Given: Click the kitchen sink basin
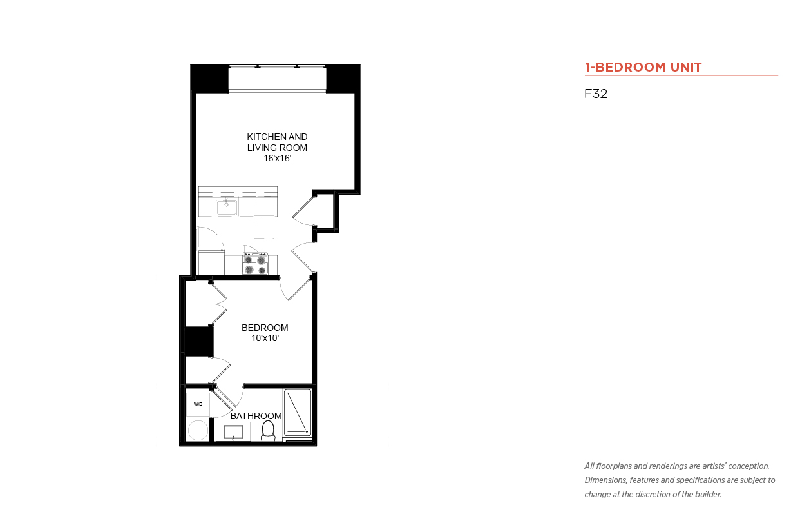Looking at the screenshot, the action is (x=226, y=207).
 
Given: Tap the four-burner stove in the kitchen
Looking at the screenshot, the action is (x=255, y=264).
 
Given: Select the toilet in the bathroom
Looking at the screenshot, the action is (x=268, y=431).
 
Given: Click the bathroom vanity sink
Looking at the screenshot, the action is (x=233, y=432).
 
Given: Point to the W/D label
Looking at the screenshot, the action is (x=198, y=404).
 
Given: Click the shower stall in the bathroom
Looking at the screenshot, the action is (x=298, y=412).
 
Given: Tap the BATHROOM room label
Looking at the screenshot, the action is (x=256, y=416).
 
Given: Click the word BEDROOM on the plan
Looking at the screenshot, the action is (x=265, y=328).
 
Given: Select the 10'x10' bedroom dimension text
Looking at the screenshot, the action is (x=265, y=339).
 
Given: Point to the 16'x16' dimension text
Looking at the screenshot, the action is (x=278, y=159).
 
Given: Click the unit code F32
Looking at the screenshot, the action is (x=596, y=94).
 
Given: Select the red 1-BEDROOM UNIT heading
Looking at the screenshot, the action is (x=643, y=67).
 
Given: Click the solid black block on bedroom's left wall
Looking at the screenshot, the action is (x=199, y=342).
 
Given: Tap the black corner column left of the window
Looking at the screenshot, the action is (x=210, y=79).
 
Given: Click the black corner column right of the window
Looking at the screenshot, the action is (x=343, y=79).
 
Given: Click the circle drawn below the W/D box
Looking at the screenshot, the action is (x=198, y=430).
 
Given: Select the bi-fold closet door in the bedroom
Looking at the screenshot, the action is (x=218, y=303).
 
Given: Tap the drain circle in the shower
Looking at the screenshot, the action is (x=307, y=432).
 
